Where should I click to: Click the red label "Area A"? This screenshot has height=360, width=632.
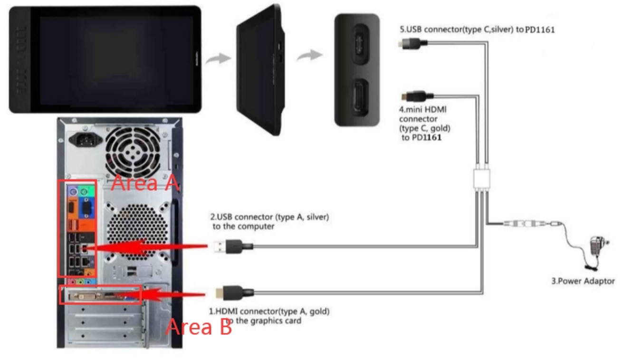[145, 183]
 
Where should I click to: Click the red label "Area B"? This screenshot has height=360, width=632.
[199, 327]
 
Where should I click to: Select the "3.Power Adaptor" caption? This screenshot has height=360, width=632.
[583, 281]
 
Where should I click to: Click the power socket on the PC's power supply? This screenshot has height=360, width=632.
[86, 139]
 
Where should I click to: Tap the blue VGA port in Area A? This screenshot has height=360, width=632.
[86, 208]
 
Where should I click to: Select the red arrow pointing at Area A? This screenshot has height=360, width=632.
[152, 247]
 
